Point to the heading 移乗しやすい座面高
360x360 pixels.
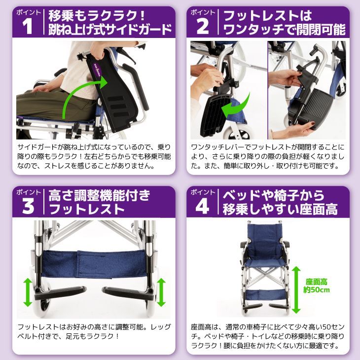(x=280, y=209)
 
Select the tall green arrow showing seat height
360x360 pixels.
(x=296, y=289)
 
